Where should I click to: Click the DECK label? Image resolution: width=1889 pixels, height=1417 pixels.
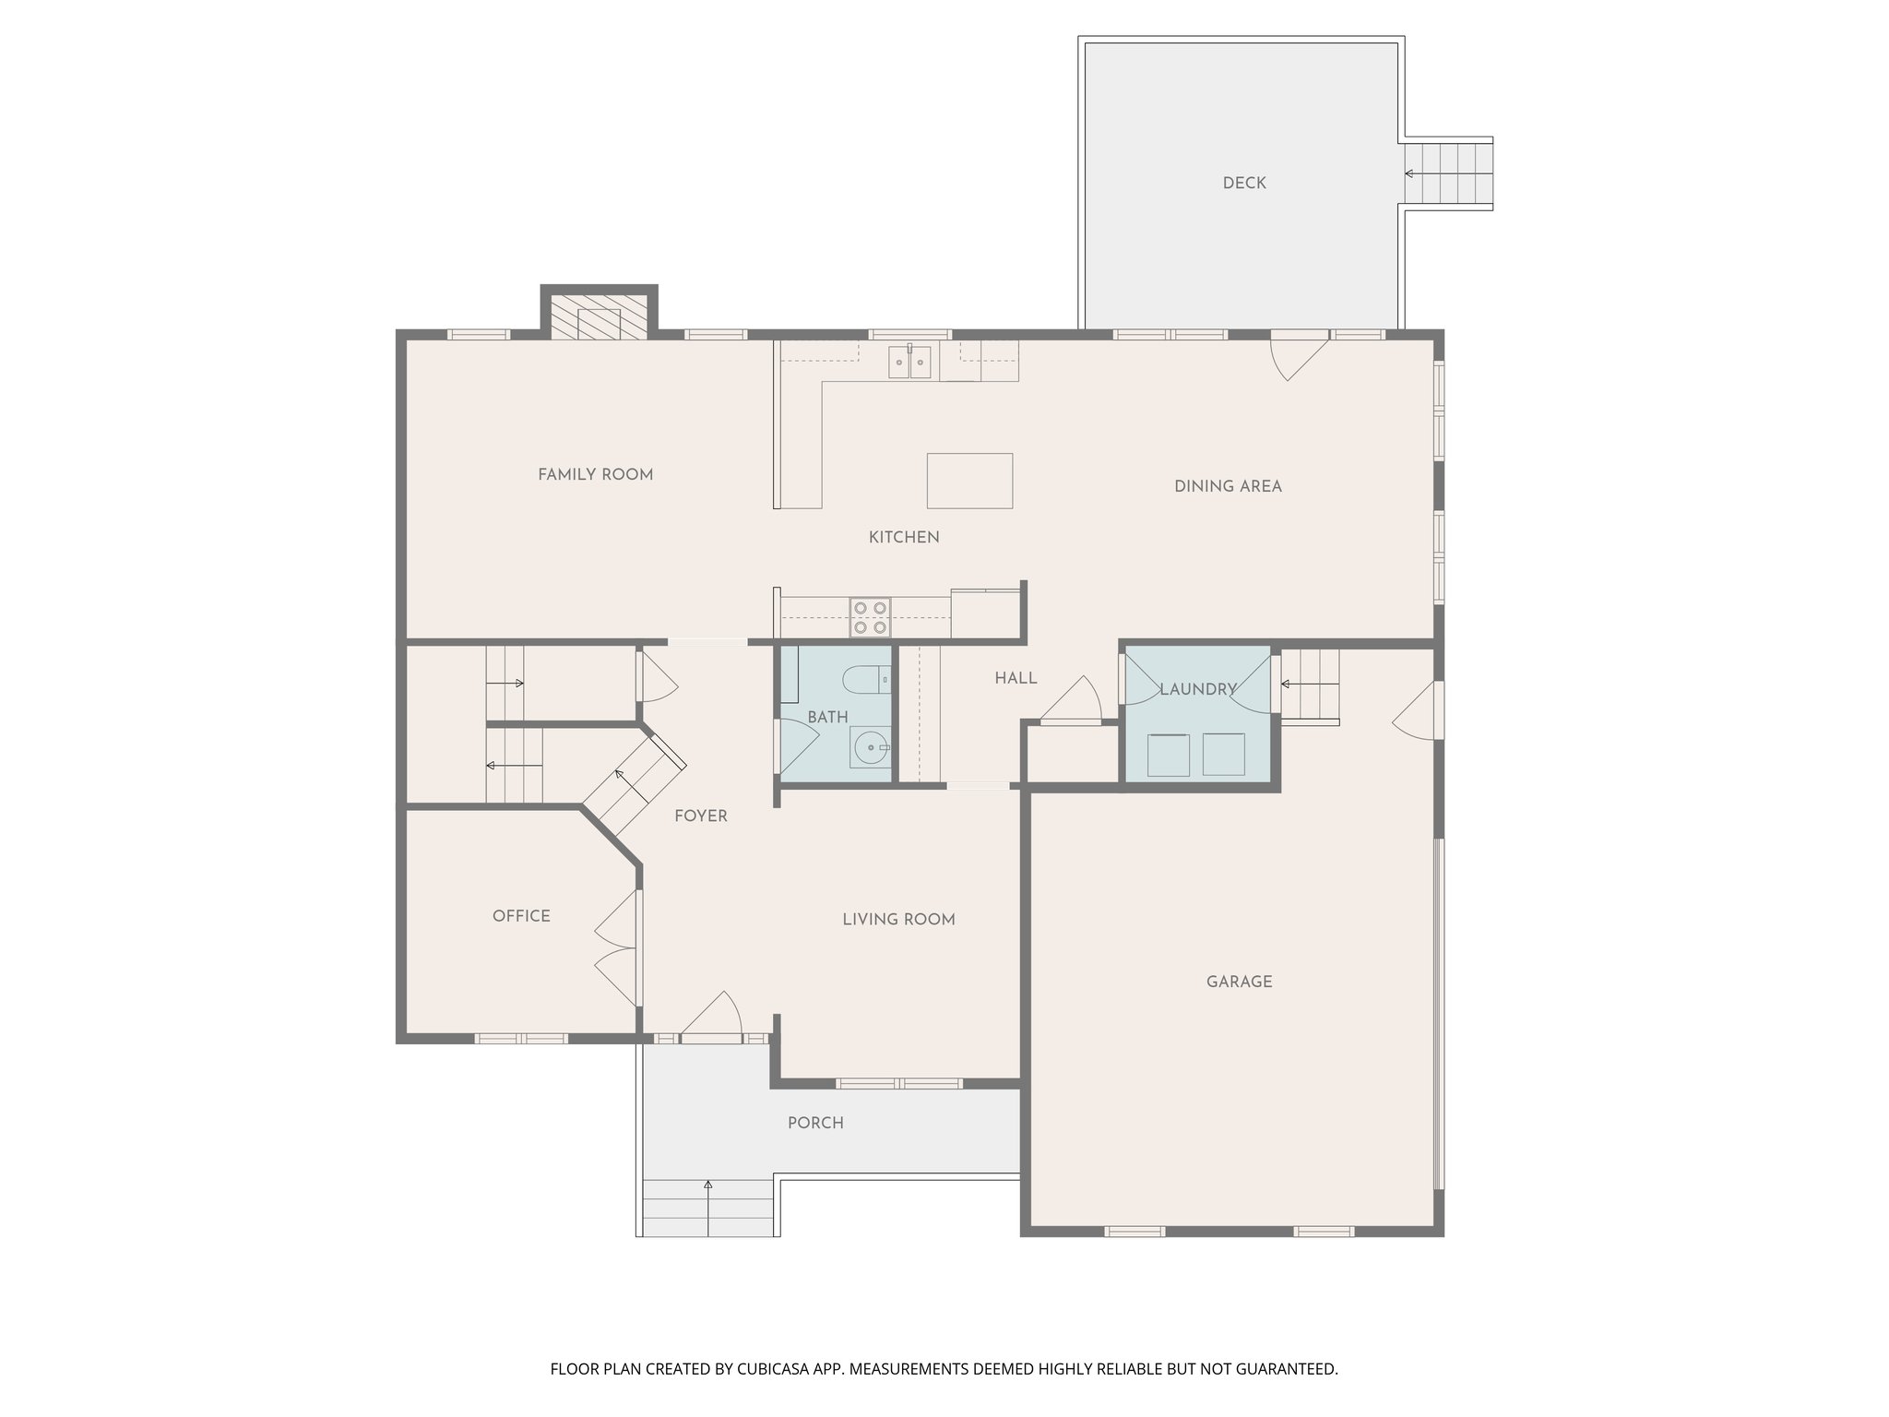coord(1244,184)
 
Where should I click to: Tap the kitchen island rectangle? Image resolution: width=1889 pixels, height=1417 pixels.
coord(969,481)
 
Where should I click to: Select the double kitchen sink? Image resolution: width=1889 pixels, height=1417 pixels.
coord(910,362)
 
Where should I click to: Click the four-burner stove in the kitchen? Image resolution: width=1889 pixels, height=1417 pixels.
coord(870,617)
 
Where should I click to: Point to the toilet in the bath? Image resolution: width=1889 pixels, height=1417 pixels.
coord(866,679)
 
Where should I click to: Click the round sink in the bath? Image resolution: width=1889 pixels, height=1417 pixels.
coord(869,748)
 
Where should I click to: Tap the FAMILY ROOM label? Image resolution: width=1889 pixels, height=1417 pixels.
coord(595,475)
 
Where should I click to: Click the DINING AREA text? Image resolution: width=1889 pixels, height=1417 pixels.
coord(1228,486)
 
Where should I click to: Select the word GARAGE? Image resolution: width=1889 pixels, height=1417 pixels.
coord(1239,982)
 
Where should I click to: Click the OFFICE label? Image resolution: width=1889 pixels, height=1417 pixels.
coord(521,916)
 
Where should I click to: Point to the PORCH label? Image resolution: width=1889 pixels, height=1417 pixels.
coord(815,1123)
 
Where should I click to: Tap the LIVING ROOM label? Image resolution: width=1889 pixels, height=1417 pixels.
coord(898,919)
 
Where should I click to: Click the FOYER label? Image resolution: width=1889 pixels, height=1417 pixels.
coord(700,816)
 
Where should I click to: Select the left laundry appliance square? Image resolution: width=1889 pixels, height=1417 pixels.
coord(1168,755)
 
